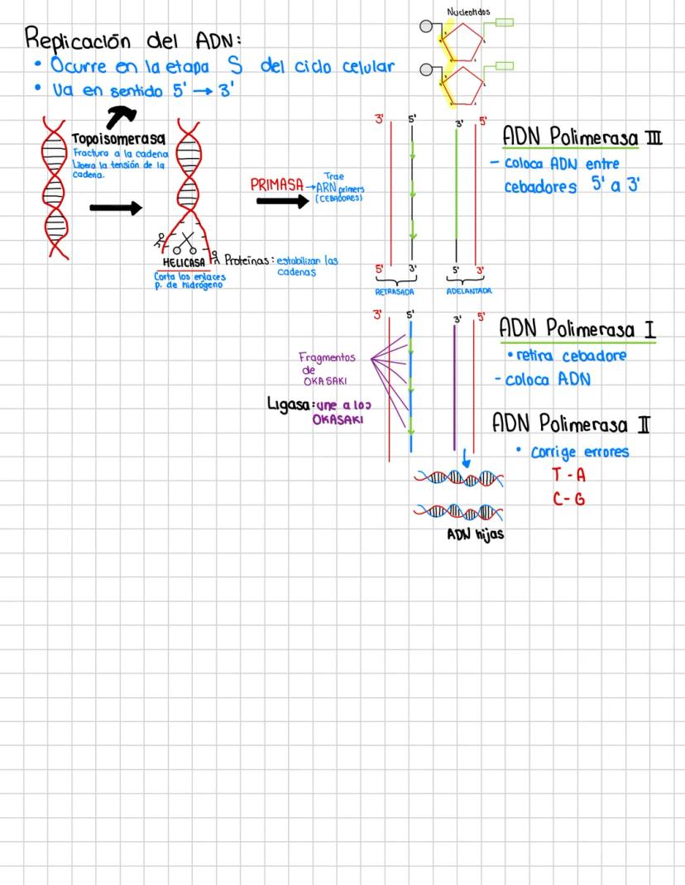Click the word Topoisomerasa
pos(118,138)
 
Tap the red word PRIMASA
pos(277,185)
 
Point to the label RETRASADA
pos(395,292)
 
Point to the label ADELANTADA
pos(469,292)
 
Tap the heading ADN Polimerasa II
pos(571,424)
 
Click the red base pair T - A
pos(568,476)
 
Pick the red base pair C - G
pos(568,499)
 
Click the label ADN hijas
pos(475,534)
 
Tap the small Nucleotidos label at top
pos(467,12)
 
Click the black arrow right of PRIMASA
pos(282,200)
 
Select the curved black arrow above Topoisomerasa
pos(122,116)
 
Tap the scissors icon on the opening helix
pos(184,245)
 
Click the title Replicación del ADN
pos(133,38)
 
